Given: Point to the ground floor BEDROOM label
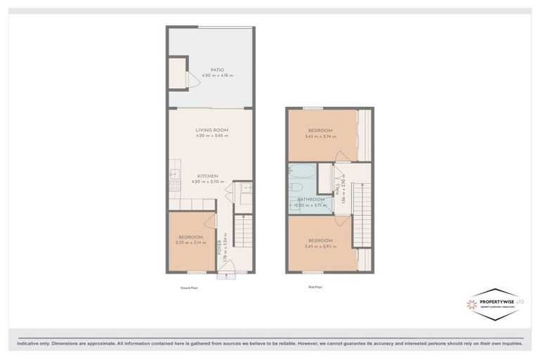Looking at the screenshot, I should point(190,237).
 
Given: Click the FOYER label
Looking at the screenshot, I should point(219,247).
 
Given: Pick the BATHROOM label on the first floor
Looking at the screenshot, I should point(310,199).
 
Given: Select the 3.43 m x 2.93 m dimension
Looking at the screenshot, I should point(320,246).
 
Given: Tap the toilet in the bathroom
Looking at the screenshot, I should point(295,188).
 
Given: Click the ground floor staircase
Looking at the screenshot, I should point(242,232).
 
